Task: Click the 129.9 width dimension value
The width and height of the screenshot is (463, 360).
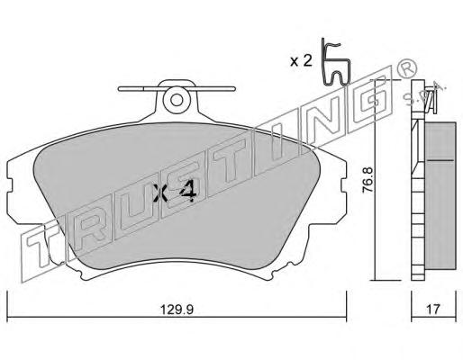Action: coord(177,310)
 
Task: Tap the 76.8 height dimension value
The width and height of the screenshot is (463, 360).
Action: coord(368,180)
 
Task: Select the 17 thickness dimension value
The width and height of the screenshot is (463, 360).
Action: coord(433,310)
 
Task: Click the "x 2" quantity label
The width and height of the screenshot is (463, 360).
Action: coord(301,61)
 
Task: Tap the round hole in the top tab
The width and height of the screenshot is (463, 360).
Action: coord(177,100)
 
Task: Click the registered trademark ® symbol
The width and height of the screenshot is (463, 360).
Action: coord(407,68)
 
